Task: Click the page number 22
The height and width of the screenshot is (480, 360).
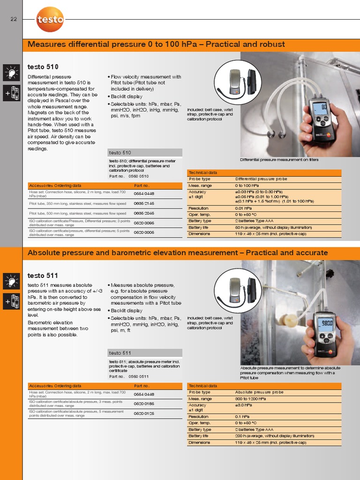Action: pyautogui.click(x=13, y=19)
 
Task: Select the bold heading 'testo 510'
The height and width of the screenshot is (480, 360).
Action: pyautogui.click(x=43, y=67)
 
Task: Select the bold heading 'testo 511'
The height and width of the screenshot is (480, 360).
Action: pyautogui.click(x=43, y=276)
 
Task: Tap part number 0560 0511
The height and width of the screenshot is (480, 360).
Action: pyautogui.click(x=139, y=376)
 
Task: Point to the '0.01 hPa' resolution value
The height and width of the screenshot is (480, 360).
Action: pyautogui.click(x=244, y=208)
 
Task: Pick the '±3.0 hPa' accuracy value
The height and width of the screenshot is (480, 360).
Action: pyautogui.click(x=244, y=405)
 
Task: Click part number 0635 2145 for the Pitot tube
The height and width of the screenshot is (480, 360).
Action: pyautogui.click(x=144, y=203)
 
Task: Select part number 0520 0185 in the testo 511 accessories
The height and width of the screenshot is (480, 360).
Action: pyautogui.click(x=144, y=404)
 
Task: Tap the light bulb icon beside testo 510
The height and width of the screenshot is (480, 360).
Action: pyautogui.click(x=11, y=73)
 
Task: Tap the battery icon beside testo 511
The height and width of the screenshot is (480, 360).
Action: pyautogui.click(x=11, y=302)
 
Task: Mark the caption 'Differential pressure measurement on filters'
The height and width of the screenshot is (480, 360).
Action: pyautogui.click(x=279, y=160)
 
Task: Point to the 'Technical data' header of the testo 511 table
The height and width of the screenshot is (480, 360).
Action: pyautogui.click(x=202, y=386)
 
